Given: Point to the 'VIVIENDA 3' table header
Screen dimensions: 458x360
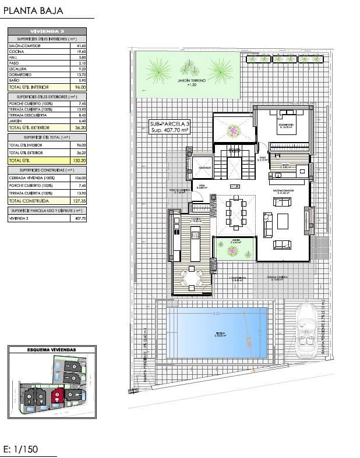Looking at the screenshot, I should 47,31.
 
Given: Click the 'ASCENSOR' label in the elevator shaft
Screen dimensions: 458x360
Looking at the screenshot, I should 204,168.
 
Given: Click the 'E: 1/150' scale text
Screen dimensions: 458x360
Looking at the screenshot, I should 24,449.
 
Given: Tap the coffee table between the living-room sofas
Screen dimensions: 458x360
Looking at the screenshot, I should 283,222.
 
